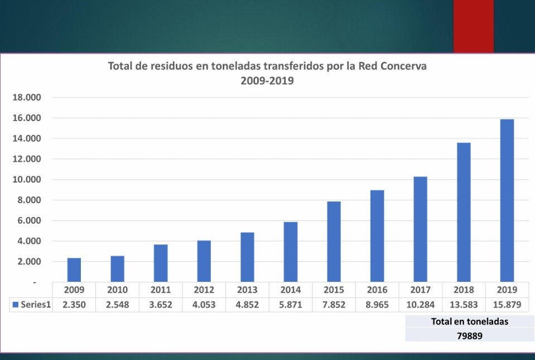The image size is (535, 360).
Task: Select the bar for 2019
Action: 507,200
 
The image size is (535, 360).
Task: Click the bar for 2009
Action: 74,270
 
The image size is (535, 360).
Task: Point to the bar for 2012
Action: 204,261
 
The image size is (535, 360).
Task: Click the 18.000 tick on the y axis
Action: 27,98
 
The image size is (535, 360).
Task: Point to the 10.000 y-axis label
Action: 27,180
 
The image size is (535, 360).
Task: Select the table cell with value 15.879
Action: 507,305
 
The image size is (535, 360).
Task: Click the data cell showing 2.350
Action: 74,305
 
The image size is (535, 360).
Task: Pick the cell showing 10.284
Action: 420,305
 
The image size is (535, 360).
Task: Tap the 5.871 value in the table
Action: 290,305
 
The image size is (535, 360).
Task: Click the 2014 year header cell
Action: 290,290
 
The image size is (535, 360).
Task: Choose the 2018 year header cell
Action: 464,290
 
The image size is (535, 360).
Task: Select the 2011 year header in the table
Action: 161,290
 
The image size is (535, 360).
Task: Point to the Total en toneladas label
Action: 469,321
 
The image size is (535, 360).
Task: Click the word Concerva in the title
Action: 399,66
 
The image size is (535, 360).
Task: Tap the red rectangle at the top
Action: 473,26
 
